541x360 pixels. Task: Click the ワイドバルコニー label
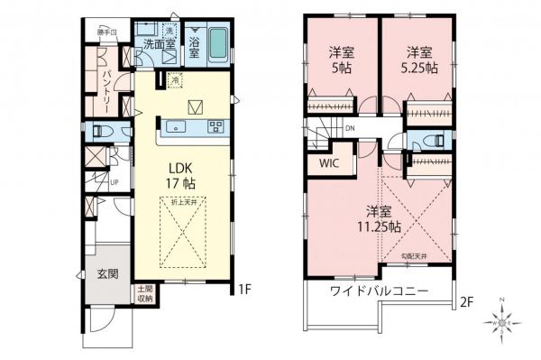click(x=377, y=291)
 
